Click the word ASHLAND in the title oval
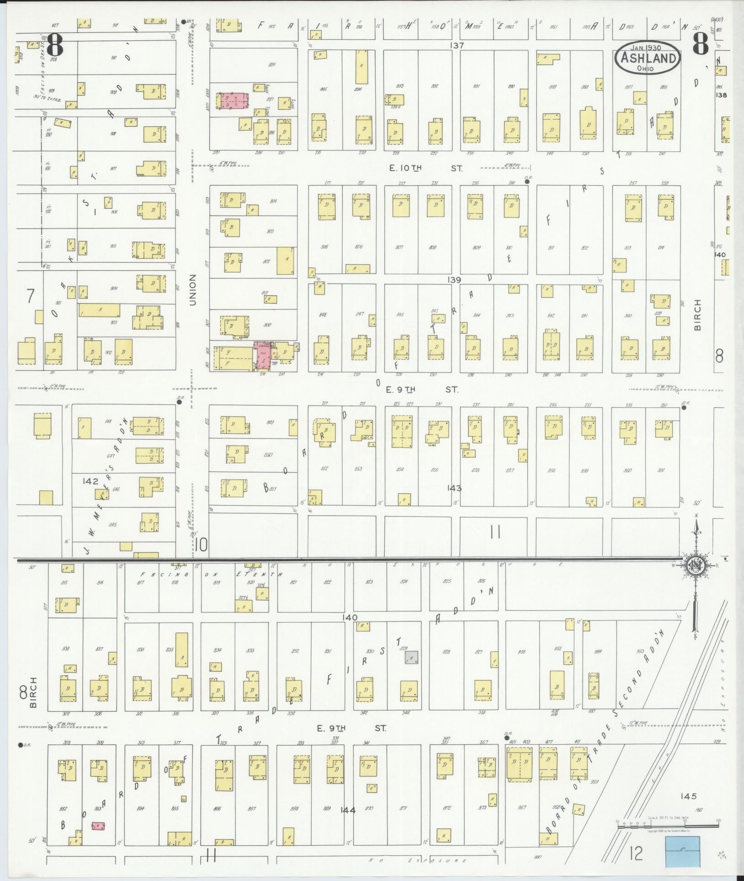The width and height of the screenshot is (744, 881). (648, 58)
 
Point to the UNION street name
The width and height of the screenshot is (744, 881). (193, 290)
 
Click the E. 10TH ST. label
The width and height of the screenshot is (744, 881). (425, 168)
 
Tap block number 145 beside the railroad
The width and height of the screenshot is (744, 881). (688, 796)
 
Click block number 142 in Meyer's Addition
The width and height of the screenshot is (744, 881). (90, 481)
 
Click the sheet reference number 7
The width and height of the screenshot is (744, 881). (30, 296)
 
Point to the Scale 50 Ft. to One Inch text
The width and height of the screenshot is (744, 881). (668, 817)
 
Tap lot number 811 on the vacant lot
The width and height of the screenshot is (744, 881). (551, 248)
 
